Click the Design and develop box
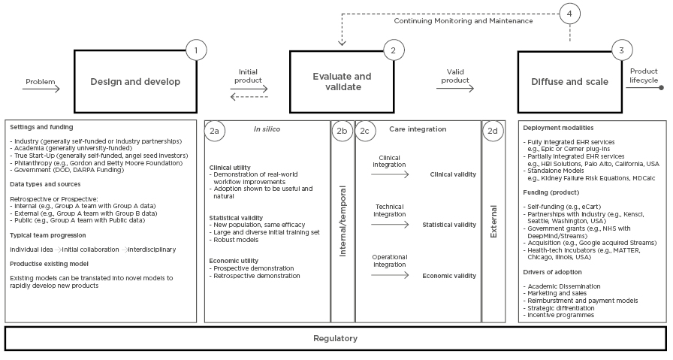pos(134,82)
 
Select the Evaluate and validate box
pos(342,82)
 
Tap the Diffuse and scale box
pos(570,82)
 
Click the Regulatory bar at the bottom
pos(335,338)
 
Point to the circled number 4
pos(569,13)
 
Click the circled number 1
pos(196,50)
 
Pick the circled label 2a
pos(215,130)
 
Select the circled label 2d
pos(493,130)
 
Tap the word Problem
pos(40,81)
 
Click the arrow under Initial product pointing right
pos(249,88)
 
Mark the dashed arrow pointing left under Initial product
pos(249,97)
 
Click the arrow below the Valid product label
pos(455,88)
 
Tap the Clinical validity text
pos(452,174)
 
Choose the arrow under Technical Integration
pos(391,224)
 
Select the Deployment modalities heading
pos(557,128)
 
